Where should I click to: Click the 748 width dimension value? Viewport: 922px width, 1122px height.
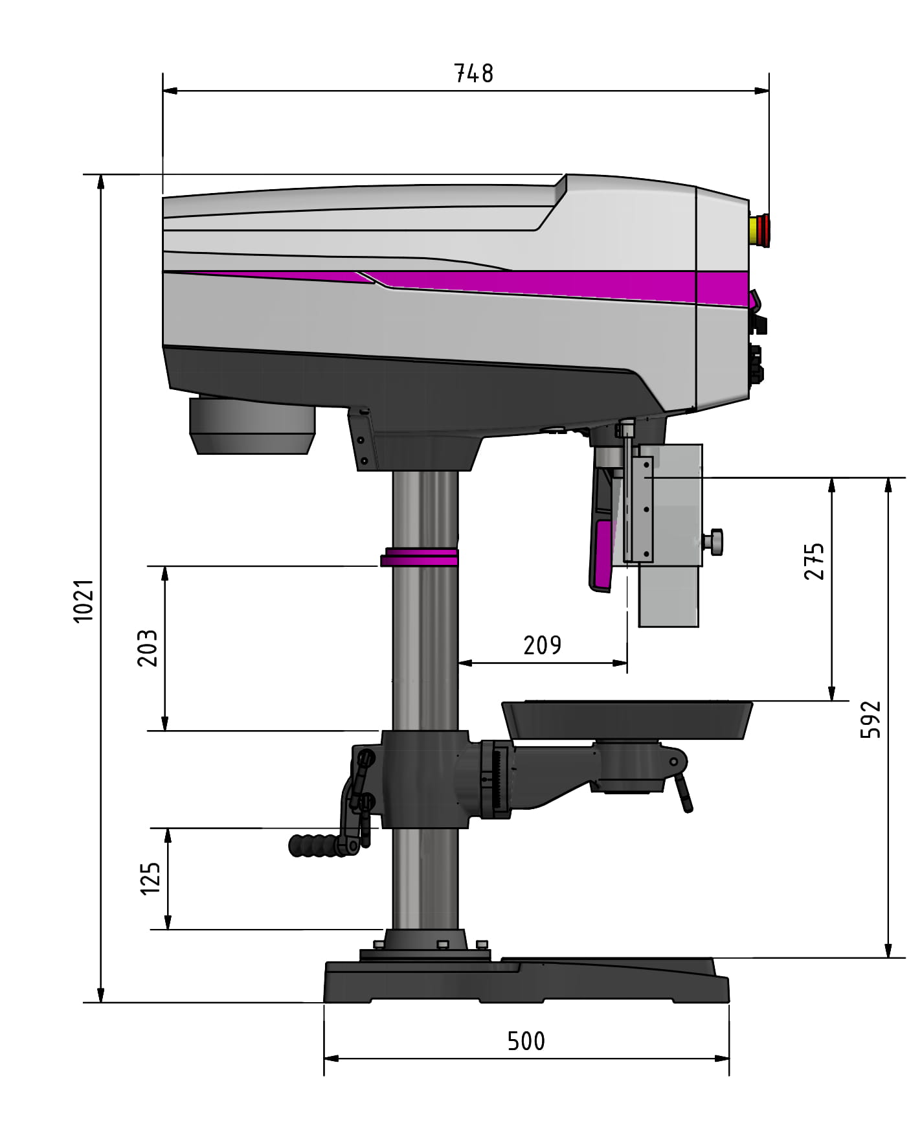(473, 73)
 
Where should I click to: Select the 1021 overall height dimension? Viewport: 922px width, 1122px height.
(85, 601)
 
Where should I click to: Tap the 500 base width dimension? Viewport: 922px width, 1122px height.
(526, 1042)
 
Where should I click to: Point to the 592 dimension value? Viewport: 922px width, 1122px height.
(871, 718)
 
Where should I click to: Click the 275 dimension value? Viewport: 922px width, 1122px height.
(814, 561)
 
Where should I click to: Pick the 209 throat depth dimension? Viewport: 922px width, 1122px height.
(542, 645)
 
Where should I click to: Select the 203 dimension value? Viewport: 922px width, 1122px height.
(148, 648)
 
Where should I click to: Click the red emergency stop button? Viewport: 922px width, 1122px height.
(759, 231)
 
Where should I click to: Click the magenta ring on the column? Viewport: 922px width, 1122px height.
(420, 557)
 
